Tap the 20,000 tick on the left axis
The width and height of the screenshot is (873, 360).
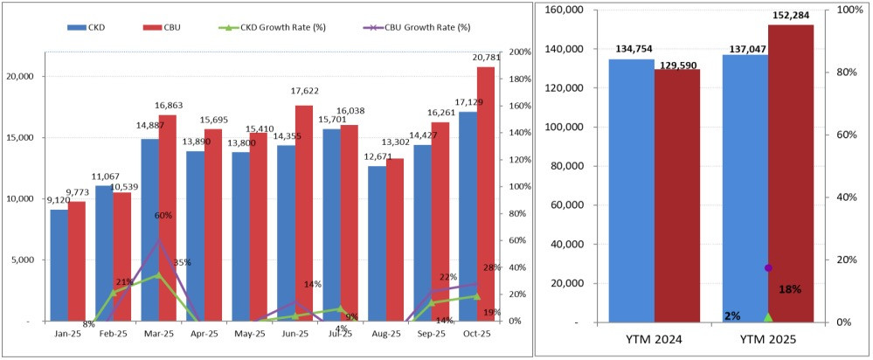pos(19,76)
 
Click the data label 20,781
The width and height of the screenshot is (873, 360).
pos(485,59)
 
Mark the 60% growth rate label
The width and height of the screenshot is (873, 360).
pos(163,216)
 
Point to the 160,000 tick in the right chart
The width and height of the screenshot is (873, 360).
pos(565,10)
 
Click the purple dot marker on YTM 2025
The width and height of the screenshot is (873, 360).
pos(769,267)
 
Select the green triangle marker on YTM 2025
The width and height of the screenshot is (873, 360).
pos(768,316)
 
